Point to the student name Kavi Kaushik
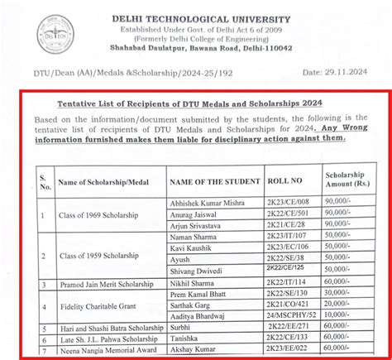[189, 247]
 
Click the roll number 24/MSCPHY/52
[293, 316]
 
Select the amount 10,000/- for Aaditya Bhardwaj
[345, 316]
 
